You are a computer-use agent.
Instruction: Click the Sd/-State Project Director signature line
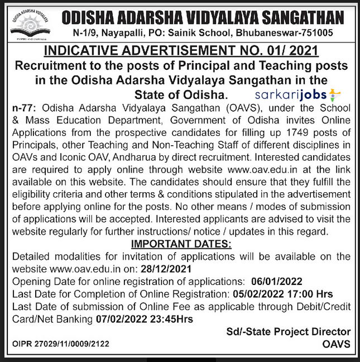[x=289, y=332]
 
